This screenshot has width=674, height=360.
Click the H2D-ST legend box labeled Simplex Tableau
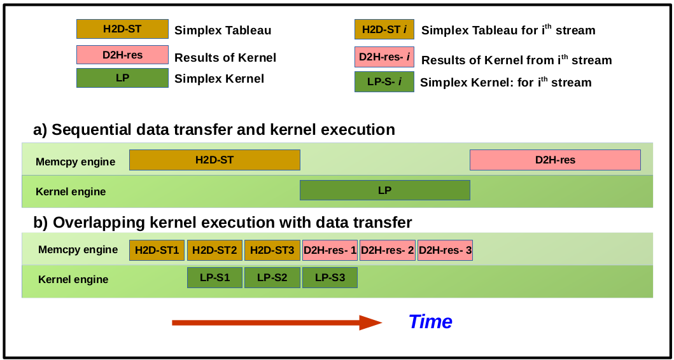[x=122, y=29]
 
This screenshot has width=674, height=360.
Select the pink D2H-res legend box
[x=122, y=55]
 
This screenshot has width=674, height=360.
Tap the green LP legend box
[x=122, y=78]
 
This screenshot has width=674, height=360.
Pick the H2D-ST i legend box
[x=384, y=29]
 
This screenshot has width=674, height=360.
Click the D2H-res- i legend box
[x=384, y=57]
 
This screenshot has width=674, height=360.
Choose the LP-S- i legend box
[x=384, y=81]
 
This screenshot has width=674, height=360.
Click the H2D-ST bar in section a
[x=214, y=160]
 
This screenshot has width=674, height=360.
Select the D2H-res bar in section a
[x=556, y=160]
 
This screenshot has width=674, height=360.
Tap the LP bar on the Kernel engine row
[x=385, y=190]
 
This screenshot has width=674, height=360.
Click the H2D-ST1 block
[x=157, y=250]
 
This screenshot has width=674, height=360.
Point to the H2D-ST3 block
[x=272, y=250]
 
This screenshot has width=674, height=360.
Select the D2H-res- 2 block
[x=388, y=250]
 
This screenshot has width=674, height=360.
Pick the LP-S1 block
[x=215, y=277]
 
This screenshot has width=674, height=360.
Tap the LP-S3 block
[x=330, y=277]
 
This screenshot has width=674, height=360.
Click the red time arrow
[x=277, y=323]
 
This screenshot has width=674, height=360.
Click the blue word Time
[x=430, y=321]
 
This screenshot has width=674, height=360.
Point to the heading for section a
[x=214, y=130]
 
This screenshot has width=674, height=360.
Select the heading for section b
[x=223, y=223]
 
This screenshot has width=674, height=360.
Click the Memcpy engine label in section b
[x=78, y=249]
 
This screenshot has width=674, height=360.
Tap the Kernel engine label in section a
[x=71, y=191]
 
